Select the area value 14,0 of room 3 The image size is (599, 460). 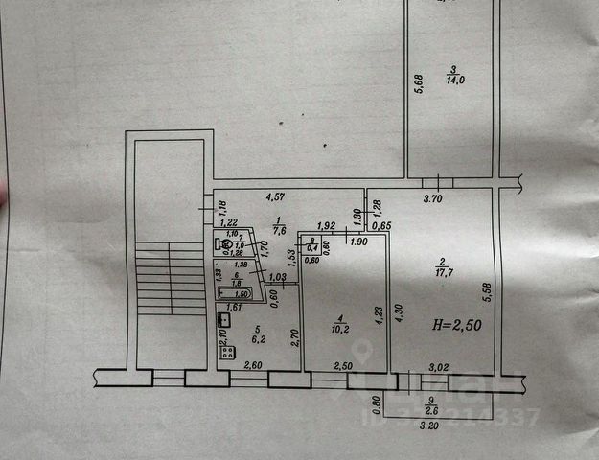(x=453, y=81)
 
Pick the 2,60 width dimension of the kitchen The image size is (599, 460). (x=252, y=365)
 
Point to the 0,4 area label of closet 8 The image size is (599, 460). (x=311, y=248)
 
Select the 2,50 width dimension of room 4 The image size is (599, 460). (x=343, y=365)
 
